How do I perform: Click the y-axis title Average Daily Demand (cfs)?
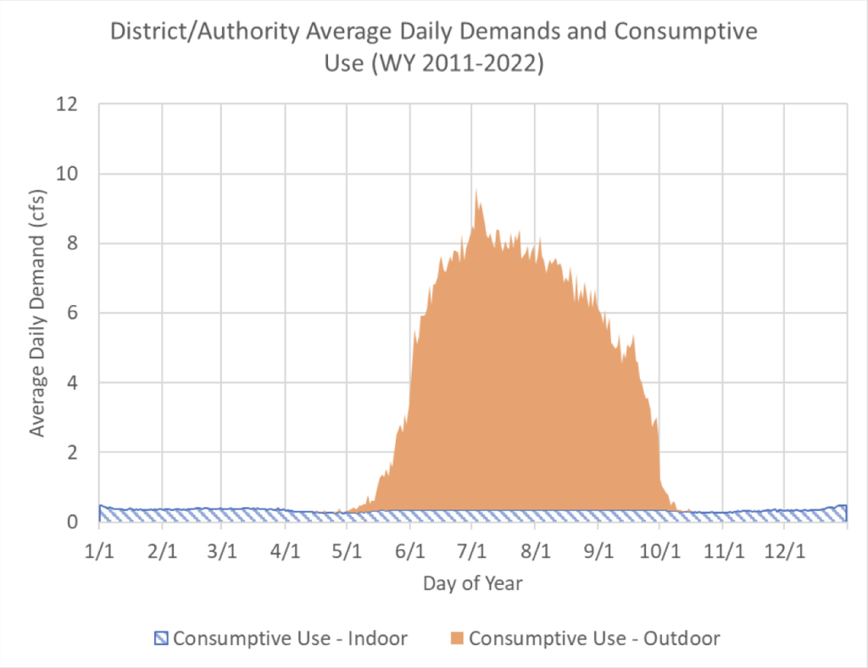[37, 313]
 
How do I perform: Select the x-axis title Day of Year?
[473, 583]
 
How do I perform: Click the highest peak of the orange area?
[476, 190]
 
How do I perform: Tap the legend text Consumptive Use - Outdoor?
[593, 638]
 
